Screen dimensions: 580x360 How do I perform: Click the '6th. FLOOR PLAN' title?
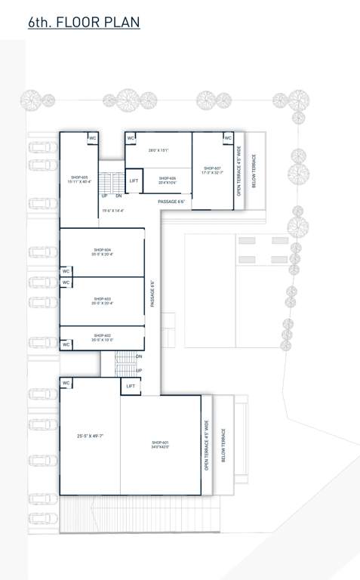pos(84,23)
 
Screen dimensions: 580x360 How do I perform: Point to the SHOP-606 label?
pos(168,180)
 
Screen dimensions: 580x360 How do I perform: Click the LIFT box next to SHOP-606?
pos(134,180)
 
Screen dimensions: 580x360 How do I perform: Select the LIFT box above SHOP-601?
pos(131,386)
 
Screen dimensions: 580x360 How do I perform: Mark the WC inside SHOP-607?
pos(227,138)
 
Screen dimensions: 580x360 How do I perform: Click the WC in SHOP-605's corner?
pos(93,138)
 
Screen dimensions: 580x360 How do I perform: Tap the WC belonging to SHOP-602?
pos(66,344)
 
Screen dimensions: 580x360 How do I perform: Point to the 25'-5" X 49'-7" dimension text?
pos(91,436)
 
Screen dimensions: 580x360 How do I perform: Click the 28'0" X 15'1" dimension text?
pos(158,150)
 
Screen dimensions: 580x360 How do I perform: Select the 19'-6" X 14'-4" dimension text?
pos(112,211)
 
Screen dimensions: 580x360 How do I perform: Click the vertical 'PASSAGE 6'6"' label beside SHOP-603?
pos(152,293)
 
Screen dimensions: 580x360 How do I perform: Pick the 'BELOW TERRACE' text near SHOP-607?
pos(254,171)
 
